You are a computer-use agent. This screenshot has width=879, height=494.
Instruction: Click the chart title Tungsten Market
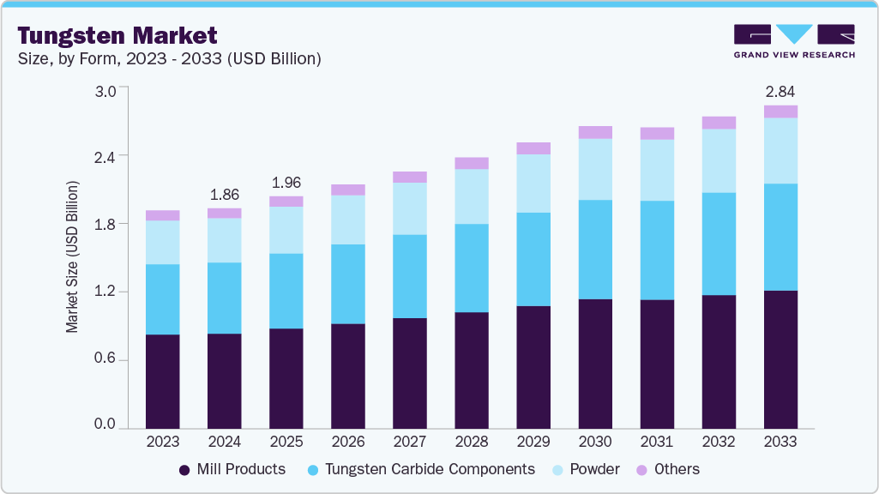click(x=117, y=35)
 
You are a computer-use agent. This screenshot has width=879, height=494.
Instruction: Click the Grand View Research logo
click(x=793, y=40)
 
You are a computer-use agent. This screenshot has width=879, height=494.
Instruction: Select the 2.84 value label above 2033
click(x=780, y=92)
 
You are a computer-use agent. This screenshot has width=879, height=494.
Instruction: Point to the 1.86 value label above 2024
click(x=225, y=194)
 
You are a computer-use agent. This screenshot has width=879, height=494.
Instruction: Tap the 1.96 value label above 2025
click(x=286, y=183)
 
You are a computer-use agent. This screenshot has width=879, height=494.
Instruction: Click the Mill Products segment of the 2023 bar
click(x=162, y=381)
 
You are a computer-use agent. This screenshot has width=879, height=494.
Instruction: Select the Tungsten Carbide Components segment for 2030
click(x=595, y=250)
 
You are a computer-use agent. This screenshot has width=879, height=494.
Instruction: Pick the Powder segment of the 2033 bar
click(x=780, y=151)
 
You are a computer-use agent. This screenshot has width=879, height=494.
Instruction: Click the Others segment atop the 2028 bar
click(x=472, y=163)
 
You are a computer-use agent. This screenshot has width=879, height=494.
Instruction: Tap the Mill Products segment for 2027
click(x=410, y=373)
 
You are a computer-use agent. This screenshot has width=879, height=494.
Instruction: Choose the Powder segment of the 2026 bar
click(x=348, y=220)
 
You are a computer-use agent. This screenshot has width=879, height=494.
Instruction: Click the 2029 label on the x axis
click(x=533, y=442)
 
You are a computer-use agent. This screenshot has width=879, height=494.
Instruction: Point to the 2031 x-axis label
click(x=657, y=442)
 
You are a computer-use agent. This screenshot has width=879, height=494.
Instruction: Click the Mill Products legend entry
click(x=232, y=469)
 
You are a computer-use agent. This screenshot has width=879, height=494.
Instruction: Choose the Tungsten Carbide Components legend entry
click(x=419, y=469)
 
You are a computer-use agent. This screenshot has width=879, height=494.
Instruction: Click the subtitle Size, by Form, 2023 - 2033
click(x=170, y=58)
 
